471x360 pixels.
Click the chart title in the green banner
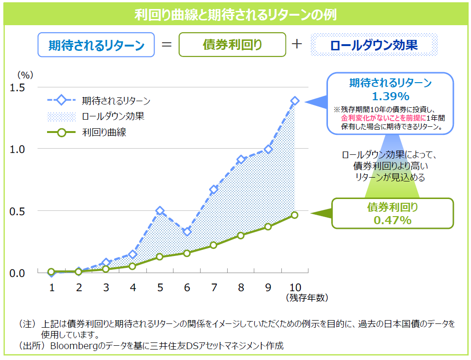(235, 14)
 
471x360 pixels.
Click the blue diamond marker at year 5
(160, 211)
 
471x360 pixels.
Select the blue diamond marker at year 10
(295, 101)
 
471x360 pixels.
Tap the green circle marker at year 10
(295, 215)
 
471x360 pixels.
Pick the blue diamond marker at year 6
(187, 231)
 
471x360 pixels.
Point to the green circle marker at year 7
(213, 245)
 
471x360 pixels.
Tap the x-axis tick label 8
(241, 287)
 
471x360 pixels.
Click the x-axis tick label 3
(106, 287)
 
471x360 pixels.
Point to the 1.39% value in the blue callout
(390, 96)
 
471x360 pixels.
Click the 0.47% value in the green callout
(392, 220)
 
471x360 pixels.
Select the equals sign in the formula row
(166, 45)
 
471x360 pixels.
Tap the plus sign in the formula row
(297, 44)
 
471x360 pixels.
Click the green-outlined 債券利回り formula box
(232, 45)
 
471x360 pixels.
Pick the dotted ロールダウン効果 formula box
(374, 45)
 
